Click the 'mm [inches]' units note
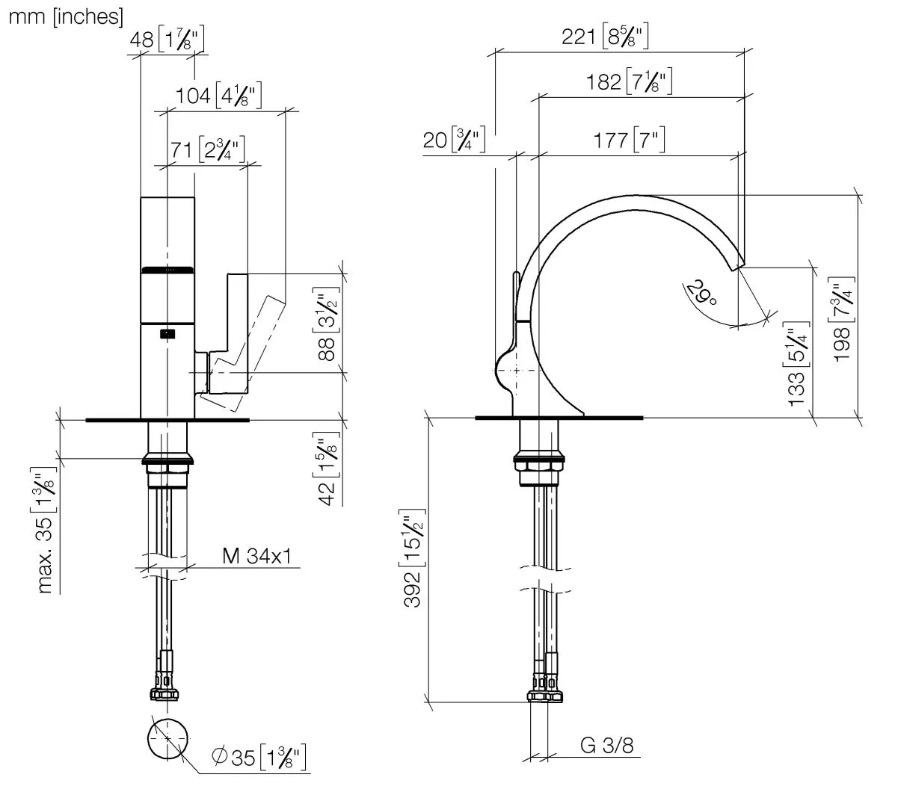coord(66,16)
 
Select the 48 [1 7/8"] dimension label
coord(167,40)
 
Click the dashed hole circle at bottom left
coord(168,738)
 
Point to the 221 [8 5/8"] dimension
coord(605,36)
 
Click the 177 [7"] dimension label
coord(629,140)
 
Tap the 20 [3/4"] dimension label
coord(454,140)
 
